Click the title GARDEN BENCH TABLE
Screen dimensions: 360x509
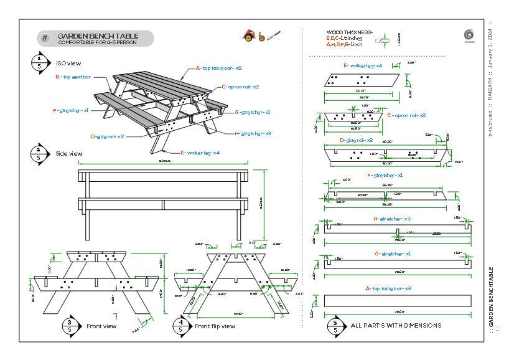click(x=98, y=36)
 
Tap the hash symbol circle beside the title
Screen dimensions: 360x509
click(x=45, y=39)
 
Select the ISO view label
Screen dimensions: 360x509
click(x=68, y=63)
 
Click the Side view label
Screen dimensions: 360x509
click(x=69, y=153)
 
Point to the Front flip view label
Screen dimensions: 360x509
click(x=215, y=326)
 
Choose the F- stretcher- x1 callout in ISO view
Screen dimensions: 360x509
click(x=71, y=110)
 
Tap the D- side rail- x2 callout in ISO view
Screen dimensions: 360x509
click(x=107, y=136)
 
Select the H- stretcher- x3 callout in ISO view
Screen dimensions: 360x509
click(x=253, y=133)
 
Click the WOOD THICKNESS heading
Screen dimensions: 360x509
click(x=349, y=32)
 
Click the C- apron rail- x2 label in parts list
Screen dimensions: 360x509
click(x=406, y=115)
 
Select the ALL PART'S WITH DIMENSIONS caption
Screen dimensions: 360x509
click(x=396, y=325)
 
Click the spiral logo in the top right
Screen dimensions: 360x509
click(x=470, y=36)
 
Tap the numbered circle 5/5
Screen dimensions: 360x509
click(x=336, y=324)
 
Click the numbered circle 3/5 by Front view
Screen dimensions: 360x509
click(x=72, y=325)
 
